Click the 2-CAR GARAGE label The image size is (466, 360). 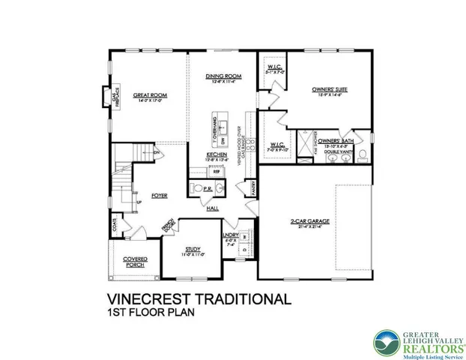tap(308, 220)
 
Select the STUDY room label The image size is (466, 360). tap(193, 250)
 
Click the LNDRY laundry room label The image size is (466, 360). tap(232, 234)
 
